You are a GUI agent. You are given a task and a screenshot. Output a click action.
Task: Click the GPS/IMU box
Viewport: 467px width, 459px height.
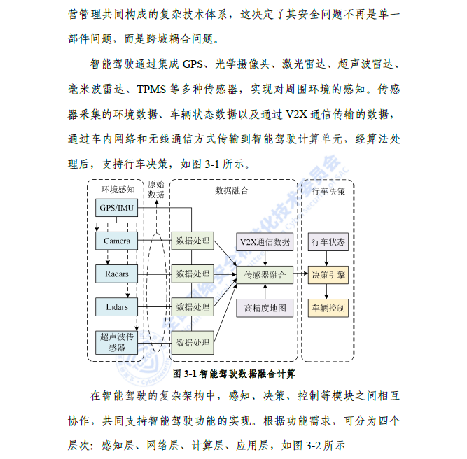coord(116,208)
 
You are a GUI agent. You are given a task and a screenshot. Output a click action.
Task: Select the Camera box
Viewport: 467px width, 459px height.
coord(116,241)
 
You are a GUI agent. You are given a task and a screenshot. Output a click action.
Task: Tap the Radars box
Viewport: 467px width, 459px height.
coord(116,274)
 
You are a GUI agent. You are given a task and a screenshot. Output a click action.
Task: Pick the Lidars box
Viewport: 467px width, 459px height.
coord(116,307)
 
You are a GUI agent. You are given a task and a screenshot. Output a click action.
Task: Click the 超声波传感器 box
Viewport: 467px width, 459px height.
coord(116,343)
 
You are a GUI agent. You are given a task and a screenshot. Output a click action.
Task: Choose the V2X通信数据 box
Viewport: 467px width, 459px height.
coord(265,242)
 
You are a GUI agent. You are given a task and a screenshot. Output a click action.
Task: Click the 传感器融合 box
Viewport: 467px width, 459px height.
coord(265,275)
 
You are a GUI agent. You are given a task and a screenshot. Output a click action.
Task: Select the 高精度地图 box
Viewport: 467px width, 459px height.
coord(265,308)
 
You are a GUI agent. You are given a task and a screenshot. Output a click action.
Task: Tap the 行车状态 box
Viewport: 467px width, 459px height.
coord(328,242)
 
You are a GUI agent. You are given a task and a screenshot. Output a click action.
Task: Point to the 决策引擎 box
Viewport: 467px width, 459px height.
coord(328,275)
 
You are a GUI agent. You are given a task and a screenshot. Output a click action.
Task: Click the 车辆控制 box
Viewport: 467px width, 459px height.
coord(328,308)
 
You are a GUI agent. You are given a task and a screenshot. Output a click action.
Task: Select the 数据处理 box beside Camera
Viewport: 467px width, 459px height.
coord(193,241)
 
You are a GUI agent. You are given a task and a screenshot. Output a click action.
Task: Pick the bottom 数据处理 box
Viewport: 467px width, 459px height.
coord(193,343)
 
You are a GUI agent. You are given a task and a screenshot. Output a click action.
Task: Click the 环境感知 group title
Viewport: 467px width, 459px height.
coord(118,190)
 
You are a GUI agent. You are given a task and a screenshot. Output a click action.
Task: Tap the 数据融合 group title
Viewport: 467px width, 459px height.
coord(232,190)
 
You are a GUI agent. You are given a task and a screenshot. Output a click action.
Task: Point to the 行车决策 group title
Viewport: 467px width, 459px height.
coord(328,192)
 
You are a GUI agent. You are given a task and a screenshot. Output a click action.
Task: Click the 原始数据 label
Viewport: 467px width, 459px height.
coord(156,190)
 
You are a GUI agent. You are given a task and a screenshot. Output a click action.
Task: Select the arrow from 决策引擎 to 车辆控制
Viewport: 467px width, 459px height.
coord(326,291)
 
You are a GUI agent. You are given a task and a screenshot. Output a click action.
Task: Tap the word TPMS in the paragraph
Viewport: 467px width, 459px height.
coord(151,90)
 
